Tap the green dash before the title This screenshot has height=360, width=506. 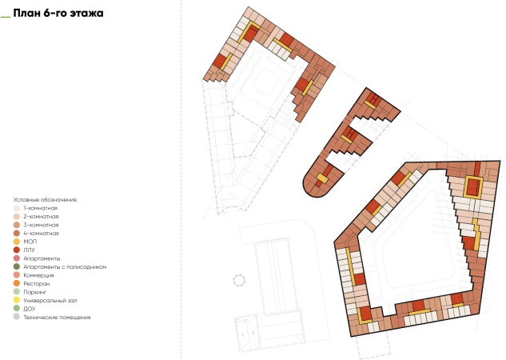click(6, 17)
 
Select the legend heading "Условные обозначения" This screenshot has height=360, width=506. click(46, 200)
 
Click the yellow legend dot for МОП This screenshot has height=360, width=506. click(17, 242)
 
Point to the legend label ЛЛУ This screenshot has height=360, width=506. click(29, 250)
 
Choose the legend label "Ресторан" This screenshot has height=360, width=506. click(37, 283)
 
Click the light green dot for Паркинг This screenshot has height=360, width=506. click(17, 292)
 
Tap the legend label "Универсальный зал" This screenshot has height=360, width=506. click(50, 300)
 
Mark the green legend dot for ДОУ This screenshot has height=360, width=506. click(17, 309)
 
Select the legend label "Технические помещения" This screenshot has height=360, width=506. click(57, 317)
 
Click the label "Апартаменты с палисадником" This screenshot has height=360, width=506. click(65, 266)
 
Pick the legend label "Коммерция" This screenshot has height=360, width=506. click(38, 275)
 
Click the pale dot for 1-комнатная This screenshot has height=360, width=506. click(17, 208)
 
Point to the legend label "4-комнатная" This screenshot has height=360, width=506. click(41, 233)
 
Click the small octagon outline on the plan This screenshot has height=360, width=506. click(239, 280)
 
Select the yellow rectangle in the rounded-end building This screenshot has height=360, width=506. click(321, 178)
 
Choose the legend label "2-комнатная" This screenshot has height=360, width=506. click(41, 216)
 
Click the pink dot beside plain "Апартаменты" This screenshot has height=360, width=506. click(17, 258)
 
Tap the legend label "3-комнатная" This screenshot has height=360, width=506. click(41, 225)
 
